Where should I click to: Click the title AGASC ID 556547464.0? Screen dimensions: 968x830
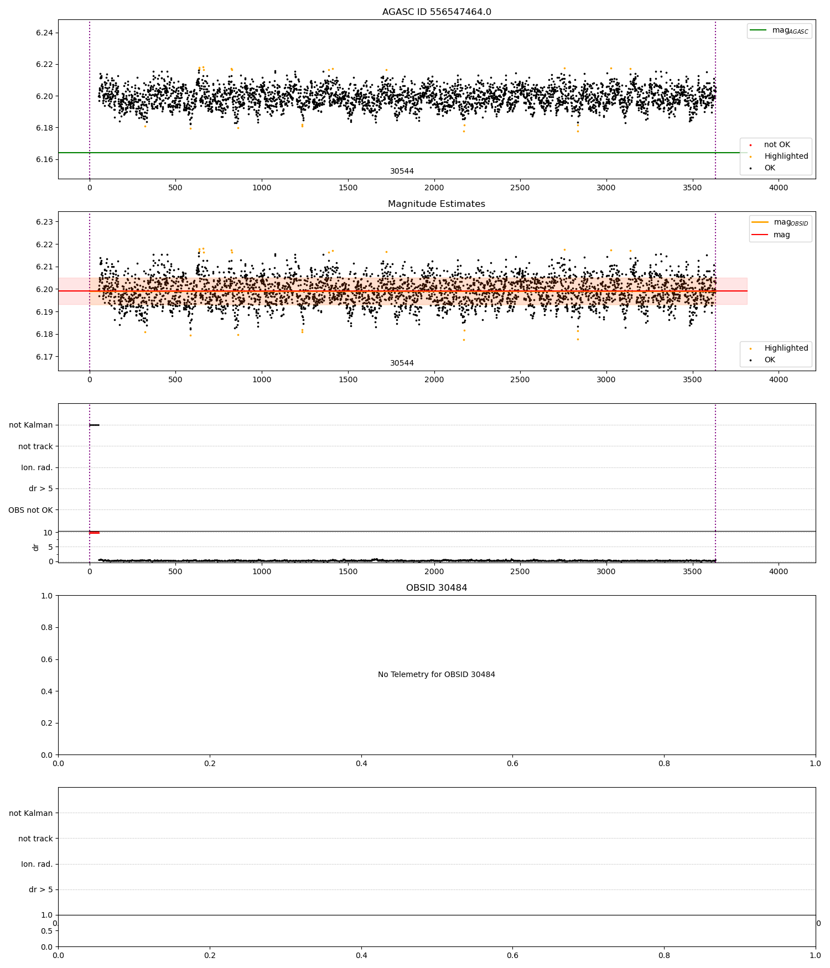tap(437, 12)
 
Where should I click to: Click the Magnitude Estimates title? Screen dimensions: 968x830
tap(437, 204)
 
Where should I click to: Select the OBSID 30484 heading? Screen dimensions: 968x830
tap(437, 588)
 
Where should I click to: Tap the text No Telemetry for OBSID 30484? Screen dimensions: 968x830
tap(437, 674)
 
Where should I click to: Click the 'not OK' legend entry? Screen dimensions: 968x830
tap(777, 145)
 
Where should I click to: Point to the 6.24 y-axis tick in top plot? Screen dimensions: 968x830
tap(44, 33)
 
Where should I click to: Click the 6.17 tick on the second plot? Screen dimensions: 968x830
tap(44, 357)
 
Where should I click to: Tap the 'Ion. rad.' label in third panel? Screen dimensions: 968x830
tap(37, 468)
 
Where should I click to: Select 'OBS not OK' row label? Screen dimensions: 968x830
tap(30, 510)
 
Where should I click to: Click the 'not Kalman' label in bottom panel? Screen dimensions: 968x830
tap(30, 813)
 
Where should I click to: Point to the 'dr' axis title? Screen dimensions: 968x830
tap(36, 547)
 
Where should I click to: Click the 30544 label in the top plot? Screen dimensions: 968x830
tap(402, 171)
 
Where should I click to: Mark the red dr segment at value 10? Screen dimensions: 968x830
tap(95, 533)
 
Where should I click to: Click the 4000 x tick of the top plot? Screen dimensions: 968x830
tap(779, 188)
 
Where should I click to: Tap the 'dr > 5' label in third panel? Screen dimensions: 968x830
tap(40, 489)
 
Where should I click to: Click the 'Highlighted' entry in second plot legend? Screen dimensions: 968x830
tap(786, 348)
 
